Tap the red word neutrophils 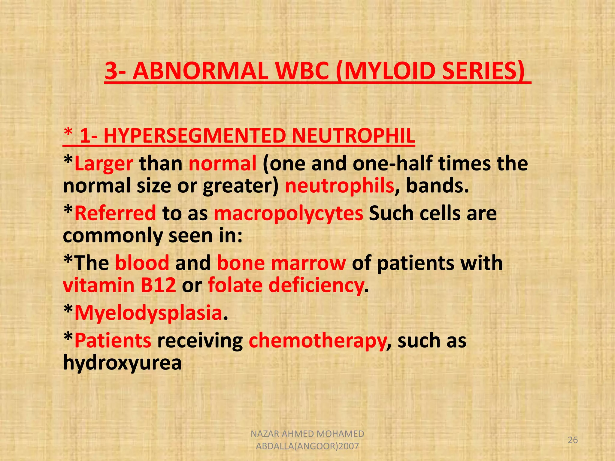[x=339, y=186]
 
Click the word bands [x=437, y=186]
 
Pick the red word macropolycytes [x=289, y=213]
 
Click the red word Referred [x=115, y=213]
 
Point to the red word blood [x=142, y=263]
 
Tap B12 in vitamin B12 [x=158, y=285]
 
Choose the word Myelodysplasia [x=148, y=313]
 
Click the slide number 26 [x=573, y=440]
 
